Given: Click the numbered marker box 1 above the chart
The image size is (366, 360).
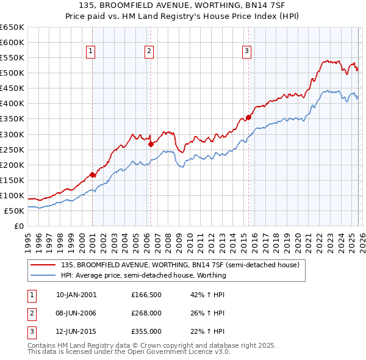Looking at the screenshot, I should coord(90,52).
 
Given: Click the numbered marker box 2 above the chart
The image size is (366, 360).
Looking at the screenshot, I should coord(149,52).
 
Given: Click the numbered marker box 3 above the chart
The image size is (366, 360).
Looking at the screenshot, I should coord(247,52).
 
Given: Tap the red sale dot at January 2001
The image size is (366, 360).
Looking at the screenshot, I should coord(93,175).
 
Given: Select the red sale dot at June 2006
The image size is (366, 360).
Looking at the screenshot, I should coord(151,144).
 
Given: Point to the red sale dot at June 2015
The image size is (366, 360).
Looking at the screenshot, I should coord(248,117).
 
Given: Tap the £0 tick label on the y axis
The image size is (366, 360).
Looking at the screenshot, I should coord(18,226).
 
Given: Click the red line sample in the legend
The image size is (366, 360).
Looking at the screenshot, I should coord(43,265).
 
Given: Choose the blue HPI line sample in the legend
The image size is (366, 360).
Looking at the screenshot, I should coord(43,275).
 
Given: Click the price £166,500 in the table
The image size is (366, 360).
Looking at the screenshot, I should coord(146,295).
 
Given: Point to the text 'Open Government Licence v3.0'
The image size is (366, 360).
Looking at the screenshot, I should coord(181,351).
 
